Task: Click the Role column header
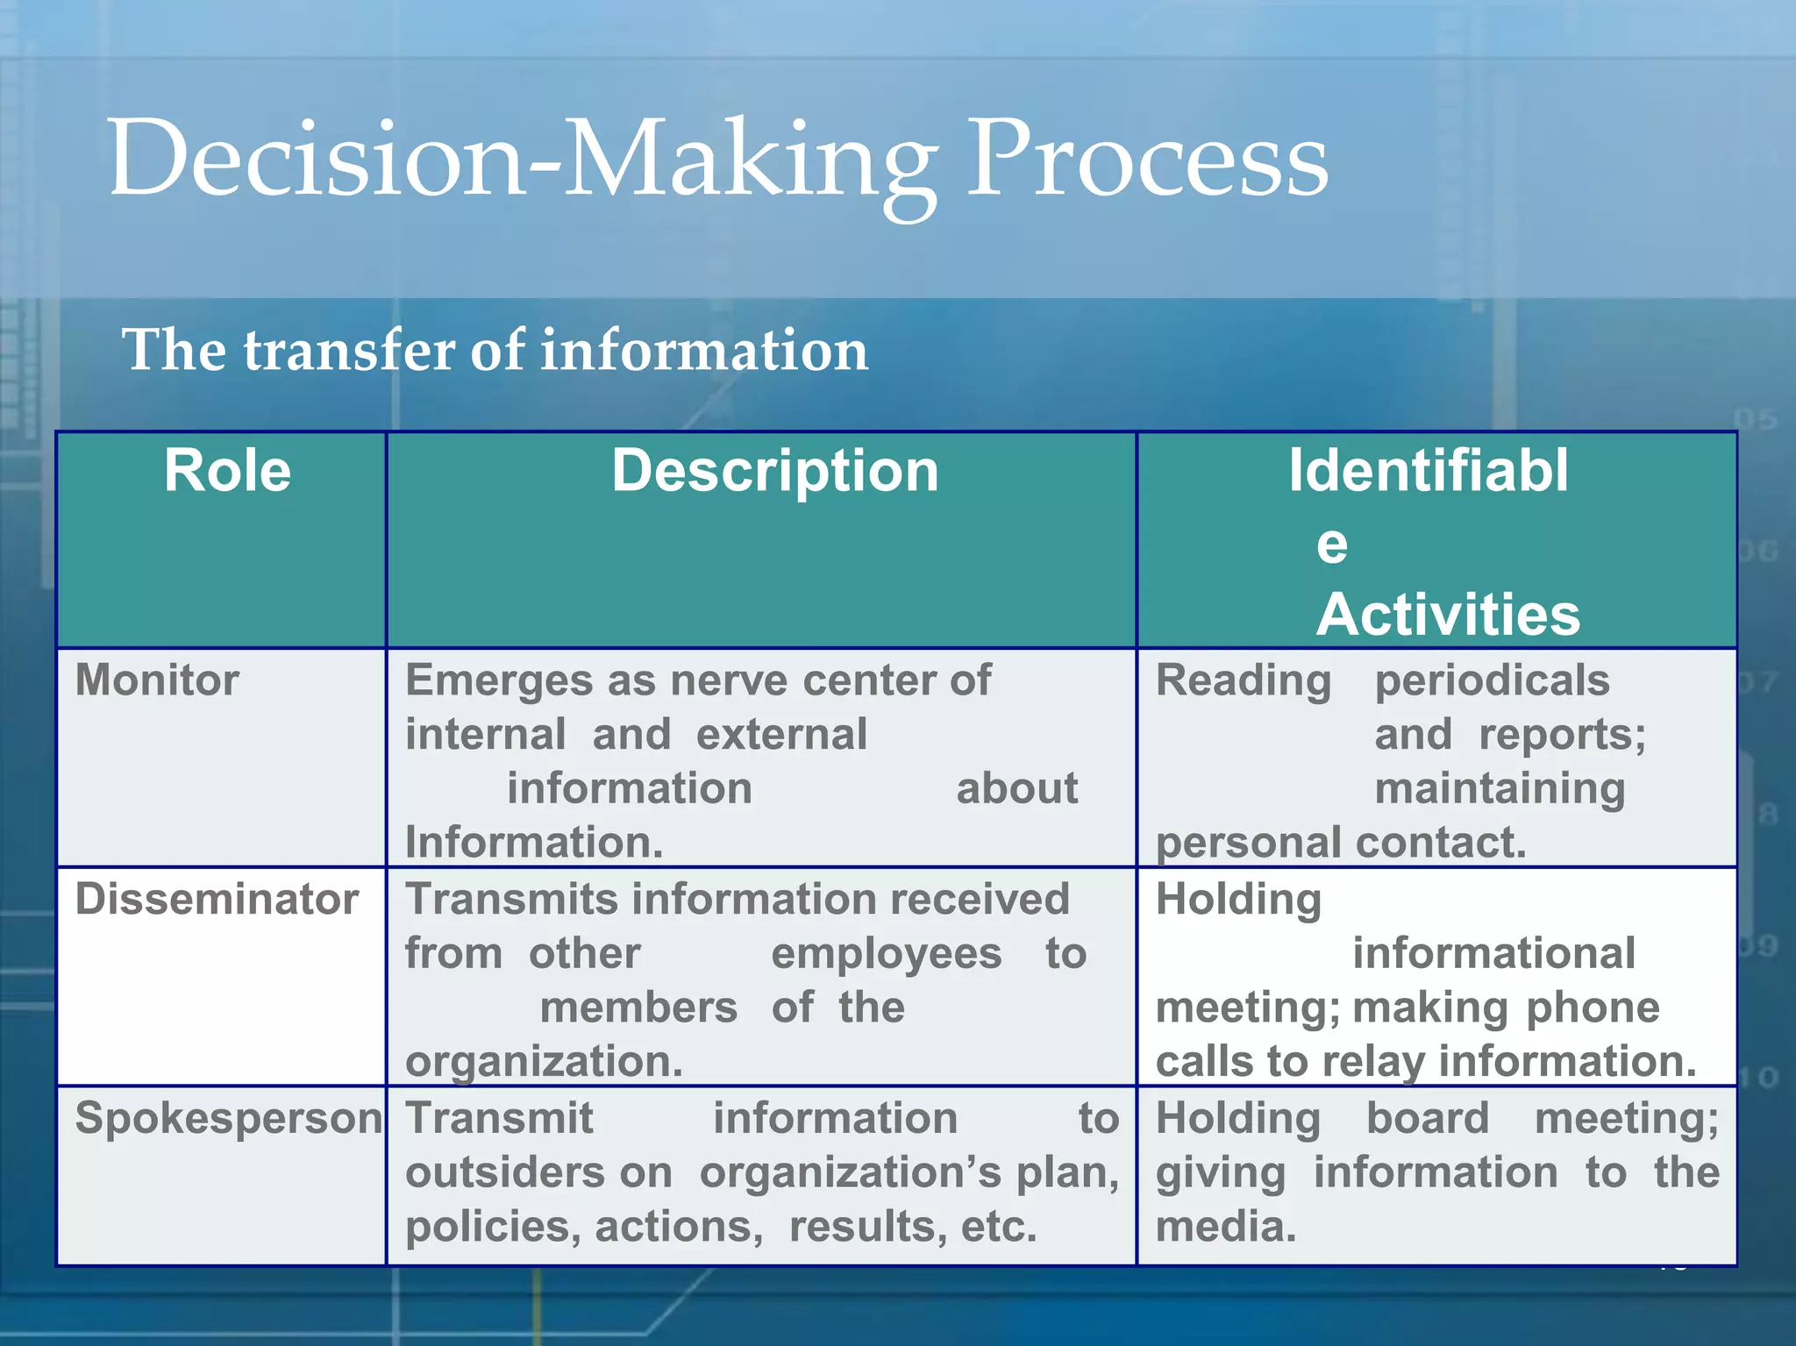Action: tap(227, 471)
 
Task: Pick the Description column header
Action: tap(775, 471)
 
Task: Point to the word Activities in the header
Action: tap(1448, 614)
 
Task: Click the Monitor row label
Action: tap(157, 680)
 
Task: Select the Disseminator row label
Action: tap(217, 900)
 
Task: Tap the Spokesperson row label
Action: tap(228, 1119)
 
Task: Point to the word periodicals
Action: tap(1492, 680)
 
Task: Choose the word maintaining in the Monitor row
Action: tap(1500, 788)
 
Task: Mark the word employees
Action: tap(886, 954)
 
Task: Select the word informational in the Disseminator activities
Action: tap(1493, 954)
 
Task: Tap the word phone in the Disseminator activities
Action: tap(1593, 1008)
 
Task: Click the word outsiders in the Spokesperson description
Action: tap(538, 1173)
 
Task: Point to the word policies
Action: tap(493, 1227)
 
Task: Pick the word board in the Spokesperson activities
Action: tap(1428, 1119)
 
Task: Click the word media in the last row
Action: tap(1225, 1227)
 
